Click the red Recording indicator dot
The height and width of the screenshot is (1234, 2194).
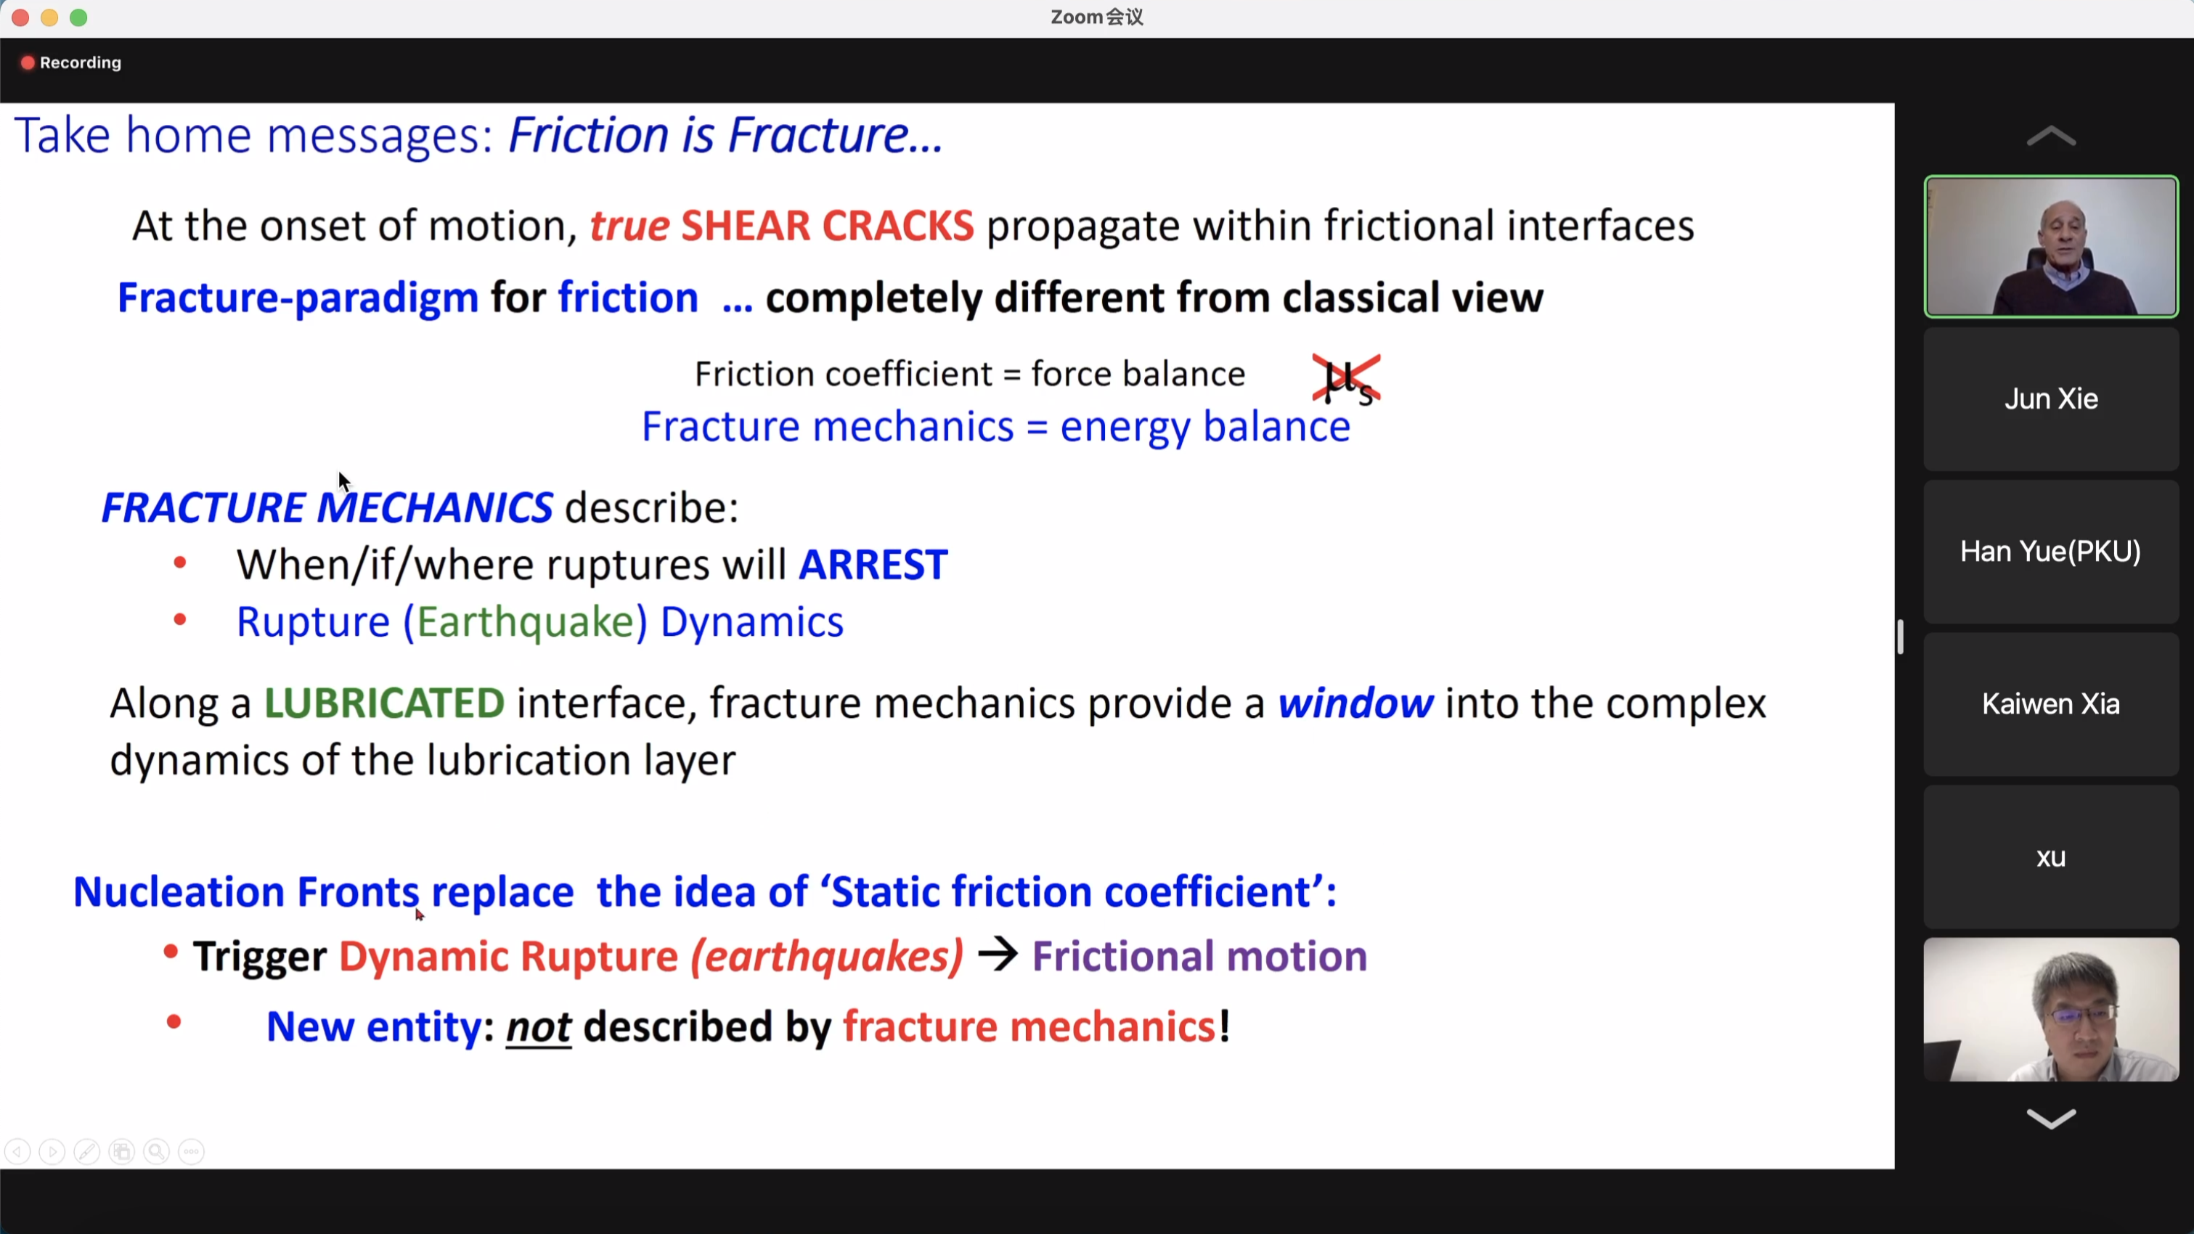(x=28, y=62)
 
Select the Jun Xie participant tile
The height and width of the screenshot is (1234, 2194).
(x=2051, y=399)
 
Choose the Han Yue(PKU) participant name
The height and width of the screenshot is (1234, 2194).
(x=2051, y=552)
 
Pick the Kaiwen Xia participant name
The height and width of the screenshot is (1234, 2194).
(x=2051, y=704)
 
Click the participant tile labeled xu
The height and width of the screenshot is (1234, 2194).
(x=2051, y=857)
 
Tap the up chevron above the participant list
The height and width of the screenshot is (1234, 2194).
(x=2051, y=136)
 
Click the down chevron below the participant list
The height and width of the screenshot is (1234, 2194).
(x=2051, y=1118)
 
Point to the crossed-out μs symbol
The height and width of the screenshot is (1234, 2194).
(x=1347, y=380)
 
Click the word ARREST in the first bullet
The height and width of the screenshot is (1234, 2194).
(x=873, y=565)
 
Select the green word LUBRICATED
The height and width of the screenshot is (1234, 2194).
(x=384, y=703)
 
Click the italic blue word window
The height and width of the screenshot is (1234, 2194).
(x=1355, y=703)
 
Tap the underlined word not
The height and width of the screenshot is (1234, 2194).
(x=538, y=1027)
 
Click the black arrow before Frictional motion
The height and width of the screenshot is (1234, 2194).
(x=998, y=955)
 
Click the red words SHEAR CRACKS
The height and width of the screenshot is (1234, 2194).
(x=827, y=226)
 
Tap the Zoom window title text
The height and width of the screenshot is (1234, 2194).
(x=1097, y=17)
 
